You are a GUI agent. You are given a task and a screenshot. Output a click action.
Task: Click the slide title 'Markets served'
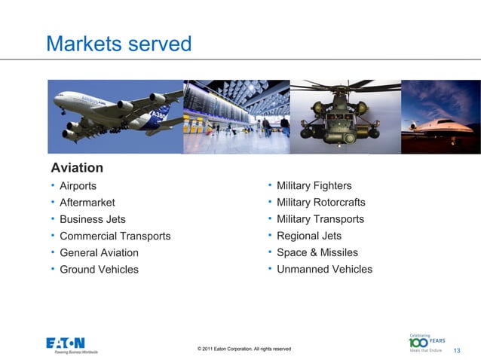pyautogui.click(x=119, y=44)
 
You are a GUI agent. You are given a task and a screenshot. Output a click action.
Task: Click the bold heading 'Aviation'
pyautogui.click(x=76, y=167)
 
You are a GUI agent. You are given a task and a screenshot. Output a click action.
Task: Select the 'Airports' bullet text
pyautogui.click(x=78, y=186)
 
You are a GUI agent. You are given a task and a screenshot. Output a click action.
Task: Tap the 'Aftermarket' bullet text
pyautogui.click(x=87, y=203)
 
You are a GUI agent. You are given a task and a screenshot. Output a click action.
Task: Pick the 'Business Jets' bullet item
pyautogui.click(x=92, y=219)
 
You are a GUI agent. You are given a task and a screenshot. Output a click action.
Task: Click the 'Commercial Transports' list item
pyautogui.click(x=115, y=236)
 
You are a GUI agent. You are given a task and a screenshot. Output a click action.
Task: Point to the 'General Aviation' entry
pyautogui.click(x=99, y=252)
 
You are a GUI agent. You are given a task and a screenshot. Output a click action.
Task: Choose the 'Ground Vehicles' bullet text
pyautogui.click(x=99, y=269)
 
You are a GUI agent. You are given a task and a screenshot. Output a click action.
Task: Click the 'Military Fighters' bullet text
pyautogui.click(x=314, y=186)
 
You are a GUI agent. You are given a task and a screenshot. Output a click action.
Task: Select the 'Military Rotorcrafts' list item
pyautogui.click(x=320, y=203)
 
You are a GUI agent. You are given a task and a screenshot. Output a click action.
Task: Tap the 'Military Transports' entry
pyautogui.click(x=320, y=219)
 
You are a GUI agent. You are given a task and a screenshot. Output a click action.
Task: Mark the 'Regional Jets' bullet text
pyautogui.click(x=308, y=236)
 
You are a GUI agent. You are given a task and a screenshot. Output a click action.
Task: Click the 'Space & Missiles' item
pyautogui.click(x=317, y=252)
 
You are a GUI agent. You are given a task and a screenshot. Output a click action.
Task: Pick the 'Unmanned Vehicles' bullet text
pyautogui.click(x=324, y=269)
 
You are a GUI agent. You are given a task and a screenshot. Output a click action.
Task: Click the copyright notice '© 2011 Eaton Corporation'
pyautogui.click(x=244, y=349)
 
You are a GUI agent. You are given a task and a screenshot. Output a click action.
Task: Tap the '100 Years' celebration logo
pyautogui.click(x=426, y=343)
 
